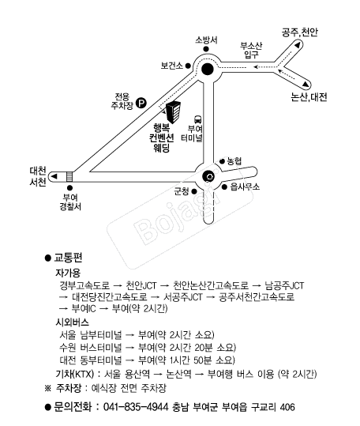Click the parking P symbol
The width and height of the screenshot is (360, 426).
141,103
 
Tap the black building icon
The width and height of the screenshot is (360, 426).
173,112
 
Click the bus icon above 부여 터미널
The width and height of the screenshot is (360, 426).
198,119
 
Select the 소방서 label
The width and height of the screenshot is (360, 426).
206,40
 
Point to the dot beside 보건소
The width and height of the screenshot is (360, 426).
188,66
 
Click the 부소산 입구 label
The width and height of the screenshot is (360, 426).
251,50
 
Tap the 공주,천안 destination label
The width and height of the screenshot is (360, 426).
299,32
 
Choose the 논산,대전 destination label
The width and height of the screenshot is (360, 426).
309,97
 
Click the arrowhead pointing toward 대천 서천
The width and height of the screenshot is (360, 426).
54,176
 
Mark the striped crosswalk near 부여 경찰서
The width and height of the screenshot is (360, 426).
69,176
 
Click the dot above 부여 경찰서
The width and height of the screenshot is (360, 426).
70,188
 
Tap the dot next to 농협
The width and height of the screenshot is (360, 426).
222,162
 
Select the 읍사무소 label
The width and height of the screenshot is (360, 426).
245,187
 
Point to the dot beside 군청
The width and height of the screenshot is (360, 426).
194,191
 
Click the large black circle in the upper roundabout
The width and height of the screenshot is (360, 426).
208,70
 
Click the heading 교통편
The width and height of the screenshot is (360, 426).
68,258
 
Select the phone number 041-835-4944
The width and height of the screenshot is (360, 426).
136,407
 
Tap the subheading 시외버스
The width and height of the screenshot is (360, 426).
72,322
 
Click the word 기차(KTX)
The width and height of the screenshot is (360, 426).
74,374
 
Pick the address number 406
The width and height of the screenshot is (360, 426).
287,407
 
